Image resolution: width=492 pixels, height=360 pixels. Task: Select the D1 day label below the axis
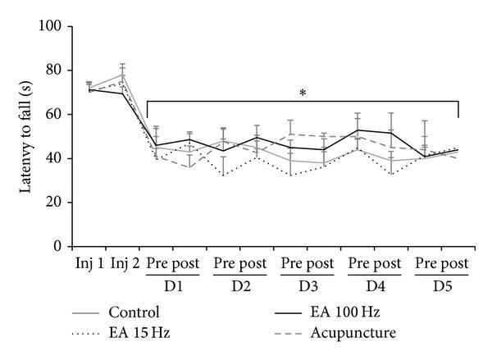(x=173, y=289)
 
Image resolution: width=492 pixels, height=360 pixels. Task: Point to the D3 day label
(x=307, y=289)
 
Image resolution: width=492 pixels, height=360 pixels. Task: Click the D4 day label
(x=374, y=289)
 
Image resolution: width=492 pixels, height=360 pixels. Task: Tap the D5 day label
(x=441, y=289)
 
